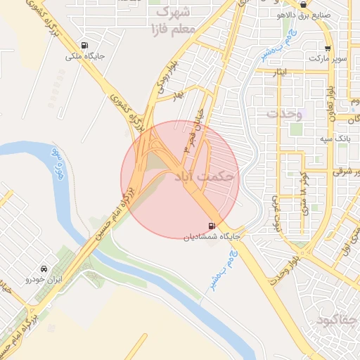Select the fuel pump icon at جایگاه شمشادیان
point(212,226)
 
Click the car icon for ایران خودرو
point(44,269)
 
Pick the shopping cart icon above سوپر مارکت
point(328,48)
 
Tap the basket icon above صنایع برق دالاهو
point(303,4)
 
